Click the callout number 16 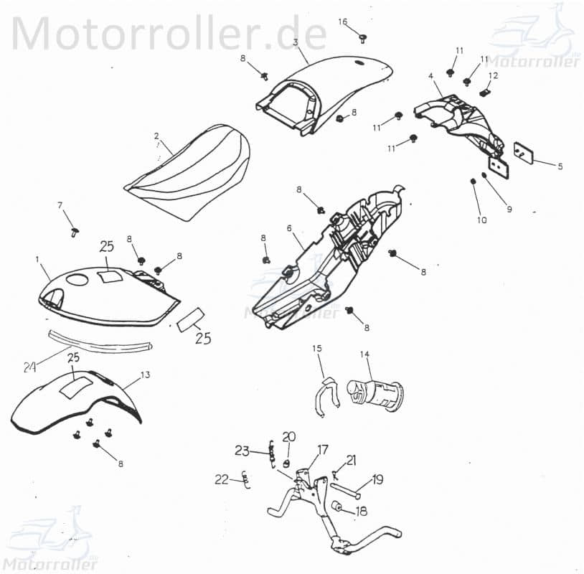click(343, 22)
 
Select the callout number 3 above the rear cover click(295, 42)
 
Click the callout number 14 click(364, 354)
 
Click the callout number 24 click(29, 367)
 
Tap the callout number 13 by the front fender click(145, 375)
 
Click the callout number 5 click(560, 166)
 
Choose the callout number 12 click(493, 75)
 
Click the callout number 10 click(481, 220)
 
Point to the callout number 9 click(509, 210)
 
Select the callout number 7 click(60, 206)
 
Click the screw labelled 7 click(75, 230)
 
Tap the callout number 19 click(378, 481)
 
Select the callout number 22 click(222, 479)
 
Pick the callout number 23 click(241, 451)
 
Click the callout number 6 click(289, 228)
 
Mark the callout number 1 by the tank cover click(38, 258)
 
